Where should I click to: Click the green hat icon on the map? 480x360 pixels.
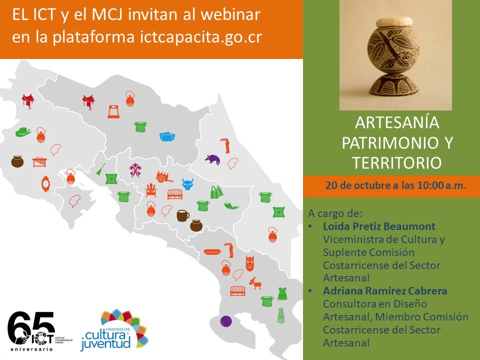23,132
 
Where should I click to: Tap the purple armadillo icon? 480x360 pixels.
212,159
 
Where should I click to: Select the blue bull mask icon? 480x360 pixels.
187,184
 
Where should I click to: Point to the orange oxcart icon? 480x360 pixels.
164,177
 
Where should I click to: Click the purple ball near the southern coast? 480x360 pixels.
226,321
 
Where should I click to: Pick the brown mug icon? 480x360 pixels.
183,215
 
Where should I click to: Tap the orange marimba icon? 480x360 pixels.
40,162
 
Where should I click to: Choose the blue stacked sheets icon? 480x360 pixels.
167,136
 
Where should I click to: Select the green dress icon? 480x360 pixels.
282,293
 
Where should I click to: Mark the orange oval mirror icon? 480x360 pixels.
45,183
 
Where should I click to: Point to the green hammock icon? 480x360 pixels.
231,205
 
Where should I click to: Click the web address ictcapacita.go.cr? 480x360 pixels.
201,37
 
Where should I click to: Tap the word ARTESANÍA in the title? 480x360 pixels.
397,122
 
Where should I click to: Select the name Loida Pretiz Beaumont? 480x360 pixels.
379,226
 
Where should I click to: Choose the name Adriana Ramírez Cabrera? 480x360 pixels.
385,290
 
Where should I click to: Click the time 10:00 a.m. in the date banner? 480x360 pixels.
441,185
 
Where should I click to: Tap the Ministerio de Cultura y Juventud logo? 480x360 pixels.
114,330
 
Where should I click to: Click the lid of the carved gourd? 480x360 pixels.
394,22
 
